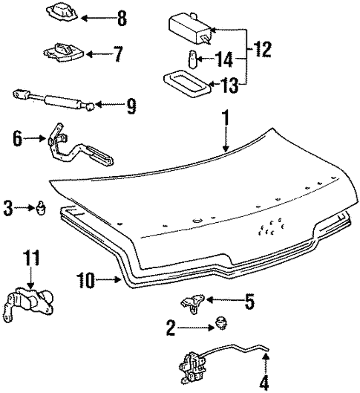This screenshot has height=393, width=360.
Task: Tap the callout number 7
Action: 116,54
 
